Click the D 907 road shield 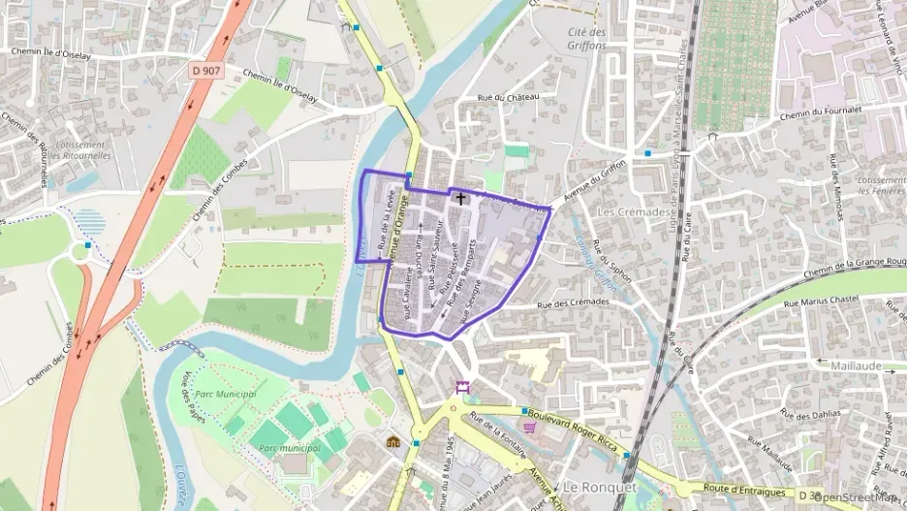204,70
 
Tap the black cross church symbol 460,198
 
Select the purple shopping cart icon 529,427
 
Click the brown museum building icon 392,442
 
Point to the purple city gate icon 462,388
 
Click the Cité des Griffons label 587,38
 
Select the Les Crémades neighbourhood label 634,211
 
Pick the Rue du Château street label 507,97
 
